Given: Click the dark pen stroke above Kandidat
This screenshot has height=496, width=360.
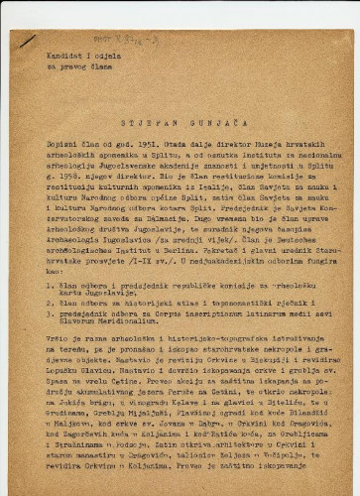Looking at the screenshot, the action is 27,41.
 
